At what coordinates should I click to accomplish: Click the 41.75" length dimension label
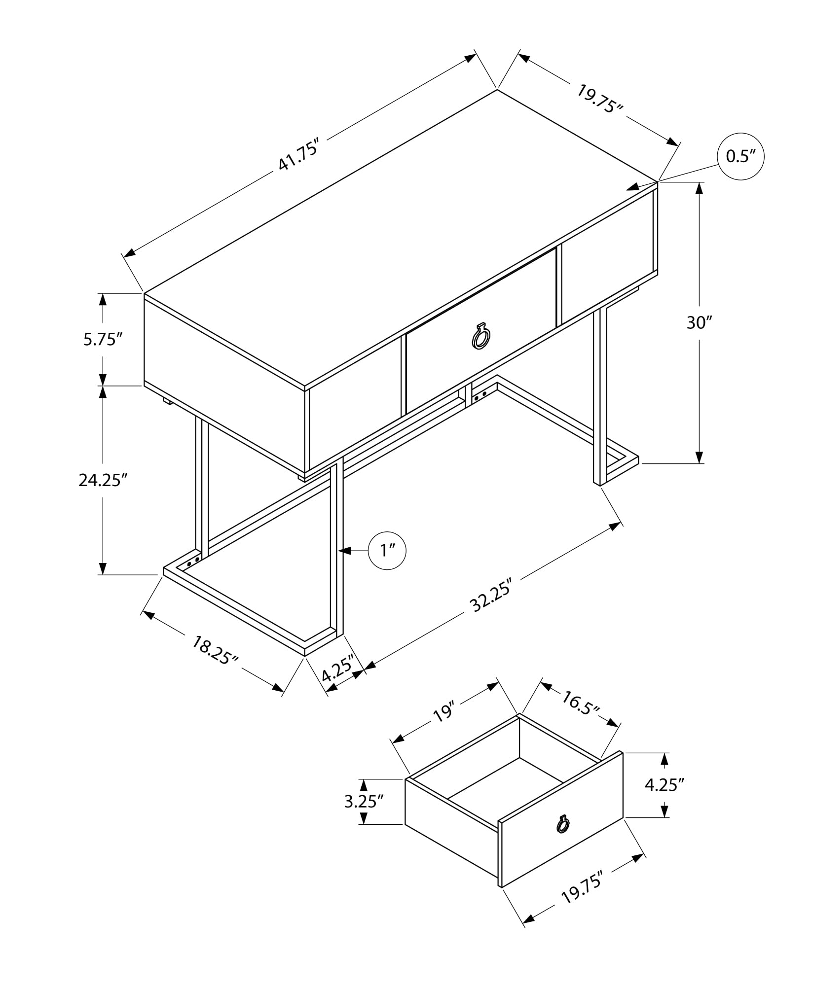[x=300, y=155]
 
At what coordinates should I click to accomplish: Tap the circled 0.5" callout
[x=740, y=156]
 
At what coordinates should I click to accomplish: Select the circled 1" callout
[x=387, y=551]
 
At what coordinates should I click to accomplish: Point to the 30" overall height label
[x=700, y=322]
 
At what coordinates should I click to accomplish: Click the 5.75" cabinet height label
[x=103, y=339]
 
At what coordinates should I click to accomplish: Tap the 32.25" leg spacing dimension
[x=490, y=596]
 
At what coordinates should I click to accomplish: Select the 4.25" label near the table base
[x=338, y=668]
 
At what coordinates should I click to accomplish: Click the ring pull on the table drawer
[x=480, y=337]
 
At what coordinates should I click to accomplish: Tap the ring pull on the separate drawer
[x=562, y=823]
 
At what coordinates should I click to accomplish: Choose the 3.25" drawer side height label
[x=364, y=802]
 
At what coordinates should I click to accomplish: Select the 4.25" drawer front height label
[x=665, y=784]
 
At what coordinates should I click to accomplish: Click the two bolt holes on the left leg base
[x=193, y=561]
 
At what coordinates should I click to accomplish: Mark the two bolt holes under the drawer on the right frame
[x=480, y=395]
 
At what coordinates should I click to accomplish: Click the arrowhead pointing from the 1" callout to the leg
[x=344, y=551]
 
